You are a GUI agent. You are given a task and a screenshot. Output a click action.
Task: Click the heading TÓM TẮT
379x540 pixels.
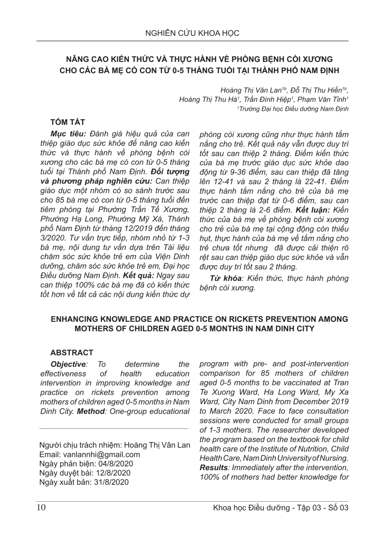click(67, 122)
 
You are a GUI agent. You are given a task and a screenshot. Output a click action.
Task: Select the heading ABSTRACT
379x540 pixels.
click(72, 353)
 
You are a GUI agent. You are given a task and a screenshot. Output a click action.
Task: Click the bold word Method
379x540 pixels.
click(91, 411)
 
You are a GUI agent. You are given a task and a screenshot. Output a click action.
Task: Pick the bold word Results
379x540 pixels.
click(213, 468)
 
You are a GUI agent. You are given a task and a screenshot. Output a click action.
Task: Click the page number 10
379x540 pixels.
click(41, 508)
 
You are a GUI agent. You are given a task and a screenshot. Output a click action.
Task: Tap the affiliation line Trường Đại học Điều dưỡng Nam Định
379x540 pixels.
click(293, 109)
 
